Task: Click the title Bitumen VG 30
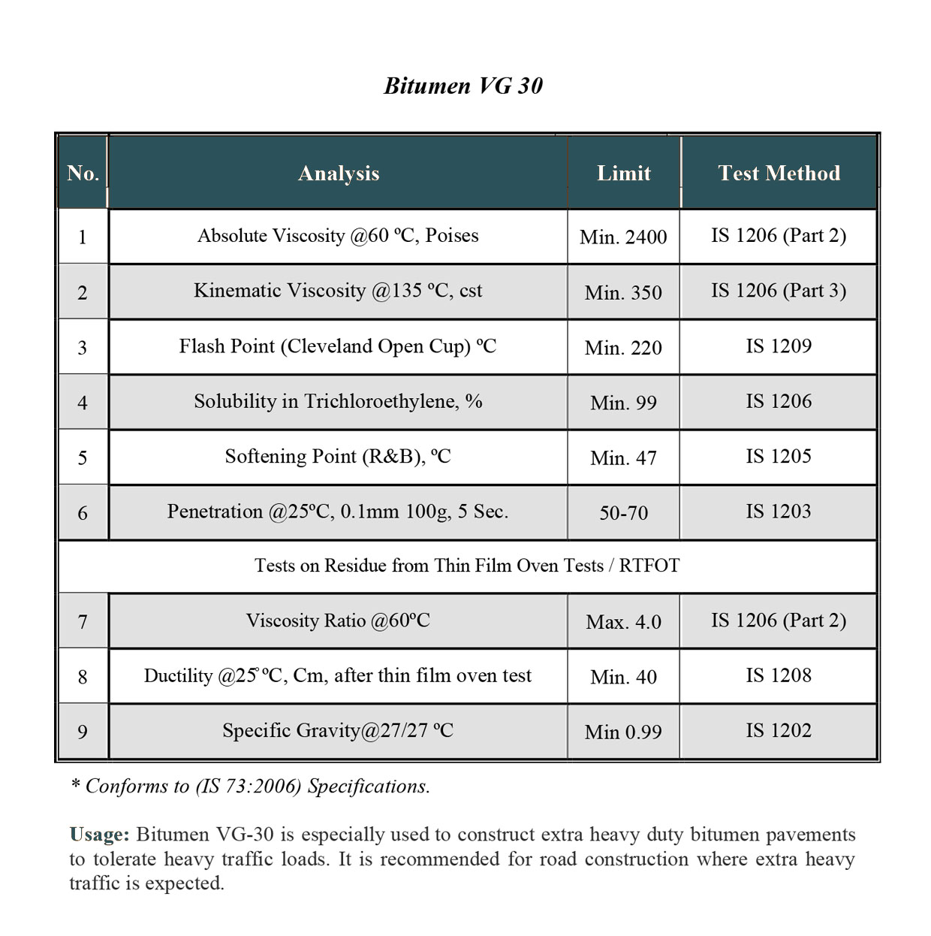pos(463,86)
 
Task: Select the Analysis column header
pos(339,174)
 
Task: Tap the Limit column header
pos(623,174)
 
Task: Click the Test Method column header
pos(779,174)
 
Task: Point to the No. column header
pos(83,174)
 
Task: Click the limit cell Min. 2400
pos(623,237)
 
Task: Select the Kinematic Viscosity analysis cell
pos(338,291)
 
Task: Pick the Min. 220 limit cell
pos(623,348)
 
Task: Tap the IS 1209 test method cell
pos(779,346)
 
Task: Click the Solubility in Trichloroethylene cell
pos(338,401)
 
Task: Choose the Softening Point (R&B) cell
pos(338,457)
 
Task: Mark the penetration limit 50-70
pos(623,513)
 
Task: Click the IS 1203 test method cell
pos(779,512)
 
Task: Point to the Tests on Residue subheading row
pos(466,566)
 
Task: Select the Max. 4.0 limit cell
pos(623,622)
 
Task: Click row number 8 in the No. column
pos(83,677)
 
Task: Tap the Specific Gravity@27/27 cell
pos(338,731)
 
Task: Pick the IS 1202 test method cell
pos(779,731)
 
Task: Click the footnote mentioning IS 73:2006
pos(250,787)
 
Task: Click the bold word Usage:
pos(100,835)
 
